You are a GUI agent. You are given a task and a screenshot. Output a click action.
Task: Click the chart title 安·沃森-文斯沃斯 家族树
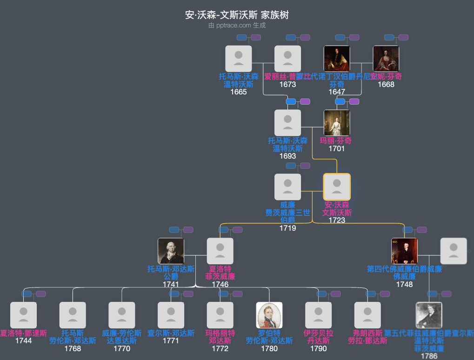pyautogui.click(x=237, y=15)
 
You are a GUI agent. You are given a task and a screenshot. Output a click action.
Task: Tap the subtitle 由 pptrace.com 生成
pyautogui.click(x=237, y=25)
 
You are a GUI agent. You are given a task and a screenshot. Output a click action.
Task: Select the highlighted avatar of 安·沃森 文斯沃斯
pyautogui.click(x=337, y=187)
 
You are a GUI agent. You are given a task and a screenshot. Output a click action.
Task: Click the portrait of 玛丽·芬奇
pyautogui.click(x=337, y=123)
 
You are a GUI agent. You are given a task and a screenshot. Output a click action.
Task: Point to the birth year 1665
pyautogui.click(x=239, y=92)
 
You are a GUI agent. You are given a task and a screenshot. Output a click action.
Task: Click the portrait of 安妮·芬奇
pyautogui.click(x=386, y=59)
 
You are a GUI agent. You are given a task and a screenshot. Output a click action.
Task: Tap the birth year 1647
pyautogui.click(x=337, y=92)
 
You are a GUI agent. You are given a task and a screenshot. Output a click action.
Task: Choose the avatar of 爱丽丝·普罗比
pyautogui.click(x=288, y=59)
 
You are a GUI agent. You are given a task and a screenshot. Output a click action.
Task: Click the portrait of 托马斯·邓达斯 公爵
pyautogui.click(x=171, y=251)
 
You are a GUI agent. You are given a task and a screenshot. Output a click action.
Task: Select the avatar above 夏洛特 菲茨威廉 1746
pyautogui.click(x=220, y=251)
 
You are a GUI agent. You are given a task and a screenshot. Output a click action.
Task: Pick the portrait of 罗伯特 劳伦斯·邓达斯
pyautogui.click(x=269, y=315)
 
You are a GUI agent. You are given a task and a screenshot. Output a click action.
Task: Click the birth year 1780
pyautogui.click(x=269, y=348)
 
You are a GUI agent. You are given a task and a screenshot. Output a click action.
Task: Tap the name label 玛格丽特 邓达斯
pyautogui.click(x=220, y=337)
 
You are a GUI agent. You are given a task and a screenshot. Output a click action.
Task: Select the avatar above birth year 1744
pyautogui.click(x=24, y=315)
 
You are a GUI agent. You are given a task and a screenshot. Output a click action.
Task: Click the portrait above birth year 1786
pyautogui.click(x=429, y=315)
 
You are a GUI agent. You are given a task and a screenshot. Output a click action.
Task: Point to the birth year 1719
pyautogui.click(x=288, y=228)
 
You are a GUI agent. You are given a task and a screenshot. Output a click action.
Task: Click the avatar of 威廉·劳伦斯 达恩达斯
pyautogui.click(x=122, y=315)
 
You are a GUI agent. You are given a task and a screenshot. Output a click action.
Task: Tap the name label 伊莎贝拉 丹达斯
pyautogui.click(x=319, y=337)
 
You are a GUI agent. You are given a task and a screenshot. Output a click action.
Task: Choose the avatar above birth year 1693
pyautogui.click(x=288, y=123)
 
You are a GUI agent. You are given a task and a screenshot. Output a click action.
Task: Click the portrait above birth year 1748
pyautogui.click(x=404, y=251)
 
